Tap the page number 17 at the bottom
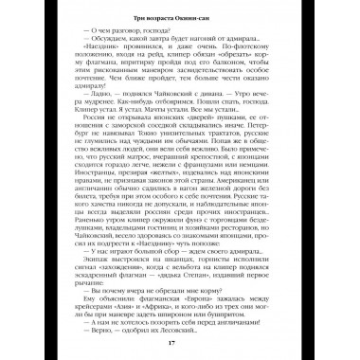pyautogui.click(x=180, y=342)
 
